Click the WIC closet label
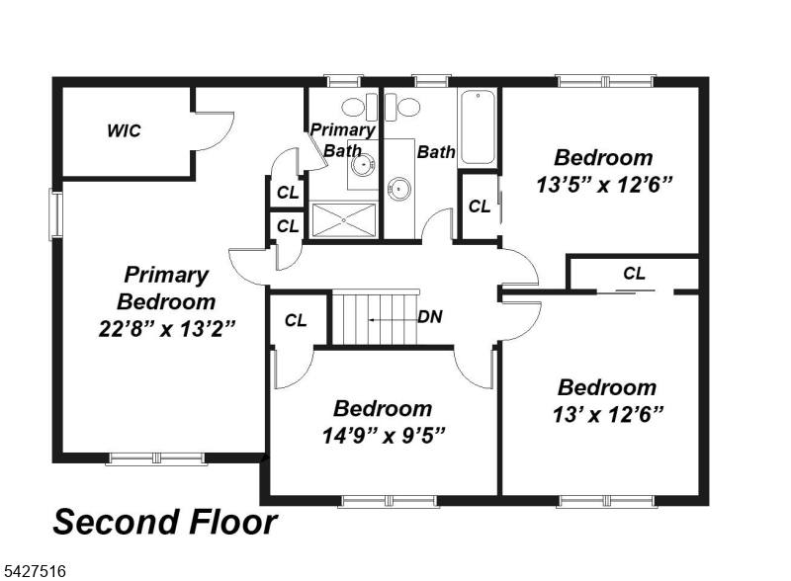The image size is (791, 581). [125, 131]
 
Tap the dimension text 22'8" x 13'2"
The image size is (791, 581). [167, 329]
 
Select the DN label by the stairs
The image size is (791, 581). [430, 317]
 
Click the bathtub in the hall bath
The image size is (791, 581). [478, 127]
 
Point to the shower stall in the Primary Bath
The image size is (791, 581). [344, 220]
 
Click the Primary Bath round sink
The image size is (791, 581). [362, 164]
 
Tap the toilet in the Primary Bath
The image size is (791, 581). [359, 107]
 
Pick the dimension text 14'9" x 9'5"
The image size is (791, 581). [384, 435]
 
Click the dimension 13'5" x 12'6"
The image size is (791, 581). [604, 185]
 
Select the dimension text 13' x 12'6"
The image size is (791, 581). [607, 415]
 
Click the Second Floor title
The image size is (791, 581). [165, 522]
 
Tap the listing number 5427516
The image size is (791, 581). [35, 571]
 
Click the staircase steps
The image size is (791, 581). [376, 318]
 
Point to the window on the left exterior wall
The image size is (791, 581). [55, 214]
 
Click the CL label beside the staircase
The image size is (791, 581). [296, 320]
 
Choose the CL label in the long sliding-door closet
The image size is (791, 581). [634, 274]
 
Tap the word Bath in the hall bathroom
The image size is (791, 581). [436, 152]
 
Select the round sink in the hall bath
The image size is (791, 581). [399, 189]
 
